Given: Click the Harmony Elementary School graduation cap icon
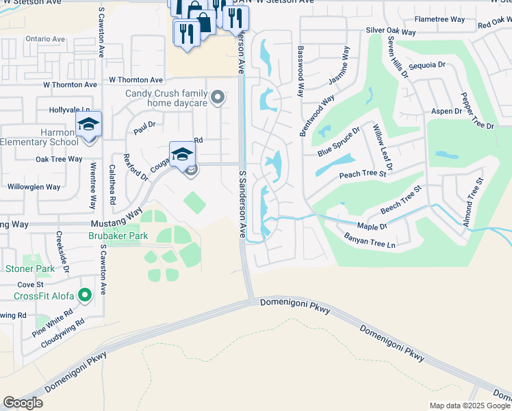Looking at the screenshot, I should pos(88,125).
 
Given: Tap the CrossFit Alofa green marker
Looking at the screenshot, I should pos(84,295).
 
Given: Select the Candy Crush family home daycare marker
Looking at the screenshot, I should pos(218,98).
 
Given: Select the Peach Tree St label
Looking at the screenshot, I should pos(363,175).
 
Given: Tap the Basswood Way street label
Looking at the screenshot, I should pos(300,71).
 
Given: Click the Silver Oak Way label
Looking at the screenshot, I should pos(391,32).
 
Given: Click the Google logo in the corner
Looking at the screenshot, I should pos(23,403).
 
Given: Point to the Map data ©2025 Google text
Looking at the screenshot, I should pos(470,406).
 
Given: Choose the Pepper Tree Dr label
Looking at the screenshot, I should pos(478,111).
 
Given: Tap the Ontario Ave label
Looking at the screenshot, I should pos(45,39).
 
